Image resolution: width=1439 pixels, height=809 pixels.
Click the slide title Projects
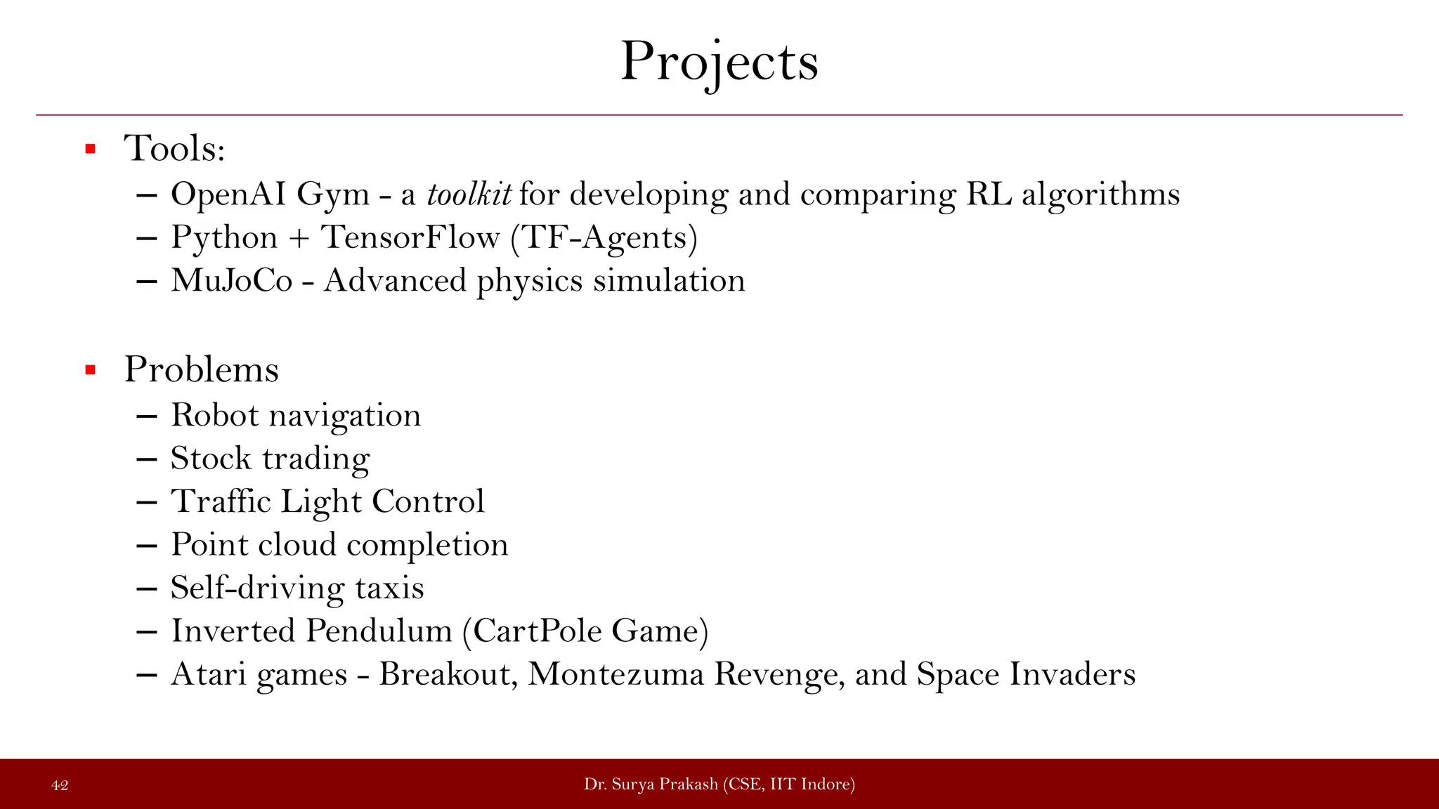(719, 62)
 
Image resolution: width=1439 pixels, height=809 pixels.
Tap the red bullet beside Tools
(90, 149)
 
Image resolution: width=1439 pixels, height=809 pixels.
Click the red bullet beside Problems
(90, 370)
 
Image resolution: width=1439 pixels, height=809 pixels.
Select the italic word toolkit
(469, 195)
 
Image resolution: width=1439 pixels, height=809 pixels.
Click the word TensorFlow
(410, 237)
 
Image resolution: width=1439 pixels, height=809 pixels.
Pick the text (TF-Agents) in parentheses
(604, 238)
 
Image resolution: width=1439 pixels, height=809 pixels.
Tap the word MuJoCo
(232, 281)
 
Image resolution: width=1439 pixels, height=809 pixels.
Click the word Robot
(215, 415)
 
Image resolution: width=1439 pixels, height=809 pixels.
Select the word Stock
(211, 459)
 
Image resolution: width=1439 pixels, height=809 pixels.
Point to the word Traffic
(221, 501)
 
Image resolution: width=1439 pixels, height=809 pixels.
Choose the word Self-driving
(257, 588)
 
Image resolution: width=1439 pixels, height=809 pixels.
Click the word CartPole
(538, 631)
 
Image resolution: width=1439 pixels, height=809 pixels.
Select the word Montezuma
(616, 674)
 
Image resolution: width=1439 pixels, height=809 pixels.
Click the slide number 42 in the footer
(60, 785)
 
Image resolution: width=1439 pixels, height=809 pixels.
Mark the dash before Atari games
(146, 675)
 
